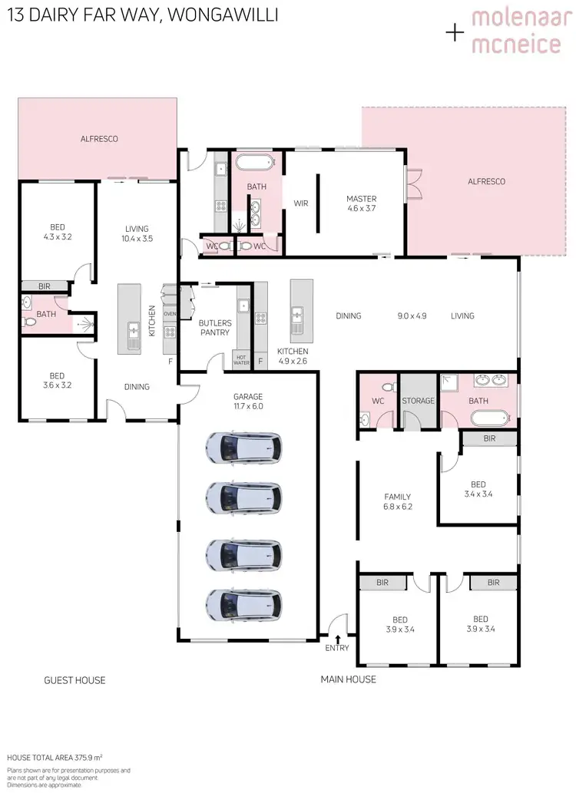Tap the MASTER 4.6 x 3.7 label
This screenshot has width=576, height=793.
tap(362, 203)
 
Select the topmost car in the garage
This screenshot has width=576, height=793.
tap(243, 449)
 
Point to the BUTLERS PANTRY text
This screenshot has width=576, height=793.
tap(214, 328)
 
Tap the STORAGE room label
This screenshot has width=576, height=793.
tap(419, 401)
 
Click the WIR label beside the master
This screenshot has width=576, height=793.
tap(300, 203)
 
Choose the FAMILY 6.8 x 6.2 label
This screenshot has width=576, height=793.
tap(397, 501)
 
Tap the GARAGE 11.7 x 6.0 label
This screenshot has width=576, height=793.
tap(248, 401)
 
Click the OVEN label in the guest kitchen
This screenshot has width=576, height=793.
tap(170, 314)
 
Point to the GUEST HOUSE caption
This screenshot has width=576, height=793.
tap(74, 680)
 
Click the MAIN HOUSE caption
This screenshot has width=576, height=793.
tap(348, 679)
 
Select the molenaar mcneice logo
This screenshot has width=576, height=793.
tap(515, 31)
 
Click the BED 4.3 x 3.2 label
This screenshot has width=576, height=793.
tap(58, 232)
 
